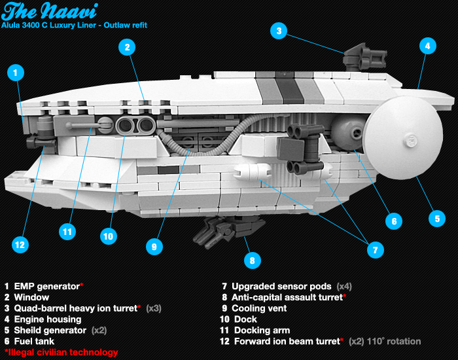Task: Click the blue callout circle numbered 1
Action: click(x=16, y=72)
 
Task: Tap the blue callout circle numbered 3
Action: click(x=279, y=30)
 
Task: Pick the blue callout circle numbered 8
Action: click(x=250, y=261)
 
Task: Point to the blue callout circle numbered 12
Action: click(x=21, y=245)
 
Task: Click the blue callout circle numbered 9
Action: click(x=154, y=246)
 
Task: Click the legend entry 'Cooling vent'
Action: click(x=259, y=308)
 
